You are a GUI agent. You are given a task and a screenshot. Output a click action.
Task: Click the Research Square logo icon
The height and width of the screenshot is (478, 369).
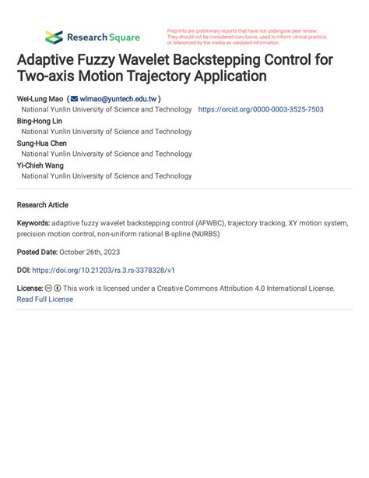(54, 37)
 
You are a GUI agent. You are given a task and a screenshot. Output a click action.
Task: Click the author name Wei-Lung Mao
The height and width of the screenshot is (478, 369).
(39, 100)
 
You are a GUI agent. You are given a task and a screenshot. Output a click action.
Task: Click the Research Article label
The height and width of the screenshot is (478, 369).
(42, 205)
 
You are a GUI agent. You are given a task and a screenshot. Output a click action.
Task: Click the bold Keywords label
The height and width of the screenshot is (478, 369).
(33, 223)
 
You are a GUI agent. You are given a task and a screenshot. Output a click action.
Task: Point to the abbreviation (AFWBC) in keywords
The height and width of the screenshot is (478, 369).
(206, 223)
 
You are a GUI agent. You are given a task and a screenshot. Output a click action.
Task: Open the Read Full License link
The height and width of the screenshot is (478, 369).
(44, 299)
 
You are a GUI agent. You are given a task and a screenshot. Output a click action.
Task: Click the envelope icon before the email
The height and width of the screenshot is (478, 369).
(74, 100)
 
